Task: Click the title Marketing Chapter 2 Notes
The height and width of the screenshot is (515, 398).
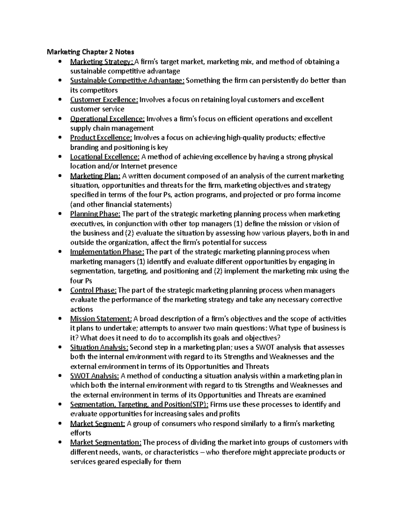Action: pos(90,52)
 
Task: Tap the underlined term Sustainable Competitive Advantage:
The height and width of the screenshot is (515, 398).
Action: pos(127,81)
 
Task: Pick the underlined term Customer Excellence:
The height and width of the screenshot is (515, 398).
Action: pos(104,100)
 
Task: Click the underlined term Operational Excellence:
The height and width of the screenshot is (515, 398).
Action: pos(107,119)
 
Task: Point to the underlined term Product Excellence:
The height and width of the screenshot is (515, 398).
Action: pos(101,138)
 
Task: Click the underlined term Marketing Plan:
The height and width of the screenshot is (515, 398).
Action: pos(95,176)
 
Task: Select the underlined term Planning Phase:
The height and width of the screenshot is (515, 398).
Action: pos(96,214)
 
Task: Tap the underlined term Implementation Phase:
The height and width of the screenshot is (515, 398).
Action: pos(107,252)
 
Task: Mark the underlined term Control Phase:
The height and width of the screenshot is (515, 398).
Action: pos(93,290)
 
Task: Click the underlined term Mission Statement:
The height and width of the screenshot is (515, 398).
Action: pos(101,319)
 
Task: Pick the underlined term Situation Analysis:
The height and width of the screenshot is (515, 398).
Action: pos(99,348)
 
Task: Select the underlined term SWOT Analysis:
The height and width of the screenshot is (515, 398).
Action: pos(95,376)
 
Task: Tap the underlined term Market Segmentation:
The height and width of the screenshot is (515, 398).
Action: pos(106,443)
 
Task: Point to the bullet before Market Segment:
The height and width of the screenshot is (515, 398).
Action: pos(60,424)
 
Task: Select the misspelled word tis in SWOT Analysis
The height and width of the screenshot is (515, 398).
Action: pos(249,385)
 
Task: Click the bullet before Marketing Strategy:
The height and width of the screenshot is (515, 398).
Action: pos(60,62)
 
